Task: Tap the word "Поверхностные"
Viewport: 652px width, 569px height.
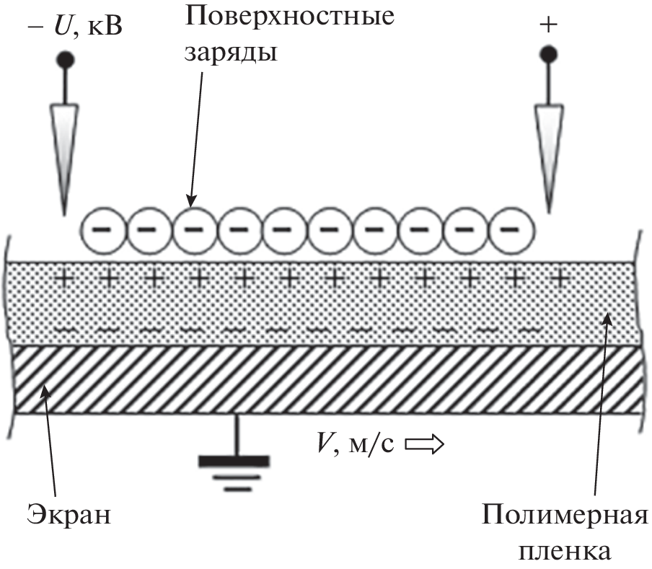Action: tap(290, 17)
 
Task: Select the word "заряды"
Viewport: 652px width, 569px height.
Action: tap(231, 53)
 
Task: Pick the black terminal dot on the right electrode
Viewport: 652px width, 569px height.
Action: tap(550, 53)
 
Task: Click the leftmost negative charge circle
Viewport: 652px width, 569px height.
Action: tap(102, 230)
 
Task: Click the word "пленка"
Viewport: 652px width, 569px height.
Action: tap(566, 552)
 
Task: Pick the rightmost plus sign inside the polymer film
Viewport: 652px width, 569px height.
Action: tap(559, 277)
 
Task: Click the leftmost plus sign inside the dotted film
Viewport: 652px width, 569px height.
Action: tap(64, 277)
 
